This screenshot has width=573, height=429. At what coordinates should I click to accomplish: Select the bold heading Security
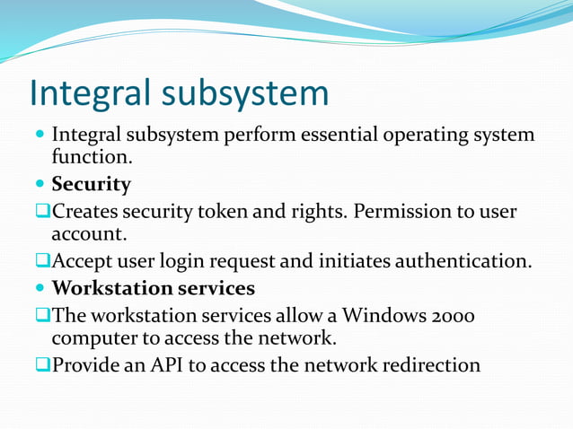click(91, 185)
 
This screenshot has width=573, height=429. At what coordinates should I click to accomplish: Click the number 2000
click(446, 316)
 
